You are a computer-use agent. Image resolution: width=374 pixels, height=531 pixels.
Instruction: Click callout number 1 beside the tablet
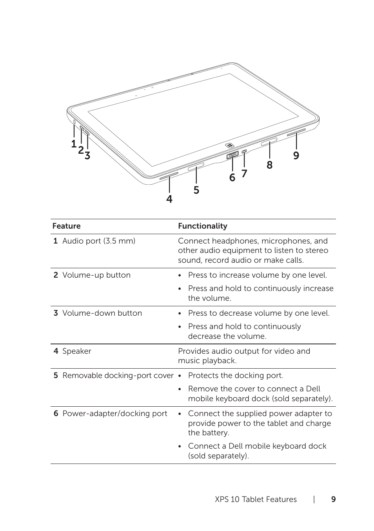(x=73, y=144)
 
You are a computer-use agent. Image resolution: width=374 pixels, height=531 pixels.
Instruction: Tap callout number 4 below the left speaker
(x=169, y=199)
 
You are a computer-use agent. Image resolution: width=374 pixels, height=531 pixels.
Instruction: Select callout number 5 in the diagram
(x=196, y=190)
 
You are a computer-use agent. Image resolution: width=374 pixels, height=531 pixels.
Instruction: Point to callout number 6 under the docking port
(x=232, y=178)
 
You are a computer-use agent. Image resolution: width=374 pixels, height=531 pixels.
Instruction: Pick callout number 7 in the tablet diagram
(x=244, y=173)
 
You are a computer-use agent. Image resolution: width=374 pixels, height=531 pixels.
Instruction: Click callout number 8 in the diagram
(x=269, y=165)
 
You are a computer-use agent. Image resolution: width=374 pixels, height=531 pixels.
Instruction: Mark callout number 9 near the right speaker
(x=296, y=156)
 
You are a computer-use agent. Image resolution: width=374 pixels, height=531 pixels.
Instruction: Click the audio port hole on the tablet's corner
(x=74, y=122)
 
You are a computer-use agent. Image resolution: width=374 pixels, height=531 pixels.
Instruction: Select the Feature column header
(x=66, y=226)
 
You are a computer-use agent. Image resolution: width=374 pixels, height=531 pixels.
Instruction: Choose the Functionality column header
(x=202, y=226)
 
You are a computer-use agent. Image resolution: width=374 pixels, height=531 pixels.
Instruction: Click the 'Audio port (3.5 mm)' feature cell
(x=98, y=241)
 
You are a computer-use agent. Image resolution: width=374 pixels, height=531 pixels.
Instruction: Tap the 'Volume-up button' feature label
(x=96, y=275)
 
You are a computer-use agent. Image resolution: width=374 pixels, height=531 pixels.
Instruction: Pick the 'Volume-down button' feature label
(x=102, y=313)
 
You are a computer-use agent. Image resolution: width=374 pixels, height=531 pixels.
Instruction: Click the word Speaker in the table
(x=76, y=351)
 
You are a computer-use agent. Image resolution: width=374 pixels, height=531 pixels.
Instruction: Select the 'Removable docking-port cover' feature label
(x=118, y=375)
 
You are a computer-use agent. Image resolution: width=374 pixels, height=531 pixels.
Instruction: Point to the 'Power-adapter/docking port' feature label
(x=114, y=413)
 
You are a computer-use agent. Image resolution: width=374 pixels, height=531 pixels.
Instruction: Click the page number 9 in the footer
(x=333, y=499)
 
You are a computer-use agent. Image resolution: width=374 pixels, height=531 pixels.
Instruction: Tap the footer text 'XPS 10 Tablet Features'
(x=256, y=499)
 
